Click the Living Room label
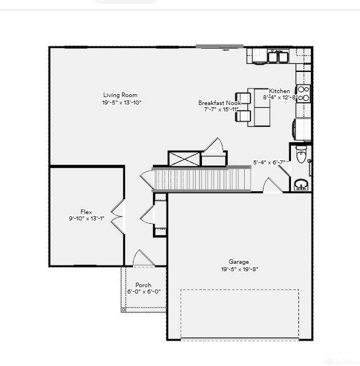click(x=120, y=95)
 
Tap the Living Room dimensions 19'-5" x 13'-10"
click(x=122, y=103)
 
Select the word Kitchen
click(x=279, y=91)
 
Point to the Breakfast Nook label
click(x=220, y=103)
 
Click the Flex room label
click(x=86, y=211)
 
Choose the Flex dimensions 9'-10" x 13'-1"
click(x=86, y=218)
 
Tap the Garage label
click(x=239, y=262)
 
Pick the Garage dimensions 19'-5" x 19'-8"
click(x=240, y=270)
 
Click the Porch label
click(x=143, y=285)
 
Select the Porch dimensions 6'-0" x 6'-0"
click(x=143, y=292)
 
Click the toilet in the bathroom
click(x=301, y=155)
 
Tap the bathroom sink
click(x=301, y=184)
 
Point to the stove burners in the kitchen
click(x=304, y=94)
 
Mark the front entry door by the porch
click(x=143, y=259)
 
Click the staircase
click(x=203, y=179)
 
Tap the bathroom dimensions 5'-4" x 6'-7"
click(x=269, y=162)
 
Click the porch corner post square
click(x=123, y=309)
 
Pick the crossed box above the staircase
click(x=184, y=159)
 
